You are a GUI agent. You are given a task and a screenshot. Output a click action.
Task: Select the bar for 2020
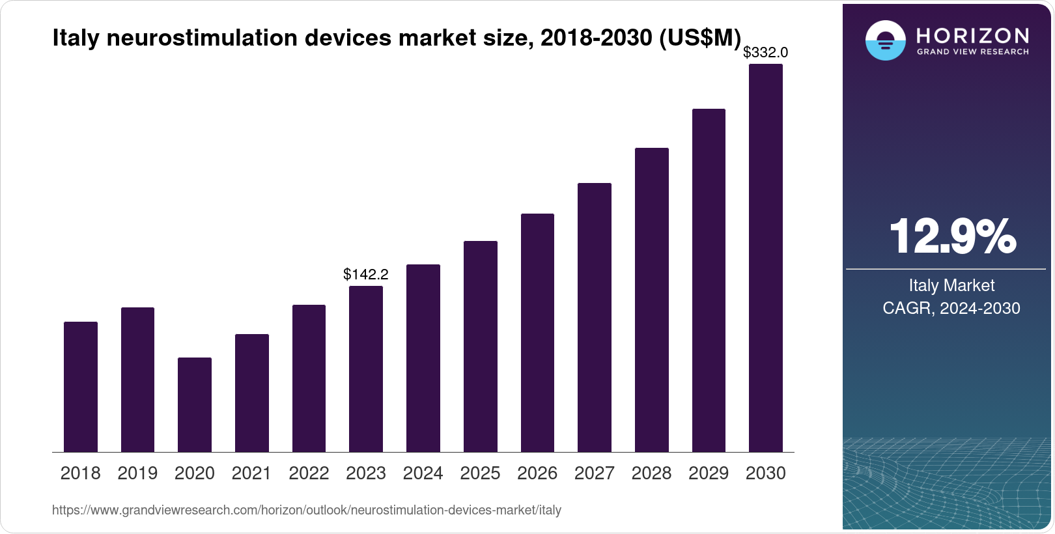[x=195, y=404]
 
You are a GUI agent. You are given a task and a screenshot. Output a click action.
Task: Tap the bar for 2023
[x=366, y=369]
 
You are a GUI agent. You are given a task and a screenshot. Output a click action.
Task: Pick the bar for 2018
[x=81, y=387]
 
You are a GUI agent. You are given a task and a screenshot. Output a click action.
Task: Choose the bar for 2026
[x=537, y=333]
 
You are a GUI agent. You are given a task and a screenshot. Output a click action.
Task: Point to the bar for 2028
[x=652, y=300]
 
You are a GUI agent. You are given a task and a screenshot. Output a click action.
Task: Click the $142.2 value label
[x=366, y=274]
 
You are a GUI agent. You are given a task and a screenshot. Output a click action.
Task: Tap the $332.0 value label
[x=765, y=52]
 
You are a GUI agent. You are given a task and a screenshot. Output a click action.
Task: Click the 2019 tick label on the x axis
[x=137, y=473]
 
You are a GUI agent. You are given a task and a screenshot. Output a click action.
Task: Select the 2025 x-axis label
[x=480, y=473]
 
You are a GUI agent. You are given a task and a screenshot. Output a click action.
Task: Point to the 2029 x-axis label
[x=709, y=473]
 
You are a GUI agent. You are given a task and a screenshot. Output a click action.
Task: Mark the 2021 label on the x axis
[x=251, y=473]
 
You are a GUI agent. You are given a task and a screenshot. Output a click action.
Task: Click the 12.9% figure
[x=952, y=236]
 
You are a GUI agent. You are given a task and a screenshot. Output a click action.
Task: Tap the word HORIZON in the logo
[x=972, y=35]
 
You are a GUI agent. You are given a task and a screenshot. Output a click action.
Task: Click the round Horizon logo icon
[x=885, y=41]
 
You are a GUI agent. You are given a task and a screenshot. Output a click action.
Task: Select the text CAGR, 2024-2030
[x=951, y=308]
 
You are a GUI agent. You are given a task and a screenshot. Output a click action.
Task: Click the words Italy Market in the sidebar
[x=951, y=285]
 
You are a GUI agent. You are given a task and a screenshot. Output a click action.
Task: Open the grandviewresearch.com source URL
[x=307, y=511]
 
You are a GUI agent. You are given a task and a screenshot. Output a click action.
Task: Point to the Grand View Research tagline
[x=972, y=51]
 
